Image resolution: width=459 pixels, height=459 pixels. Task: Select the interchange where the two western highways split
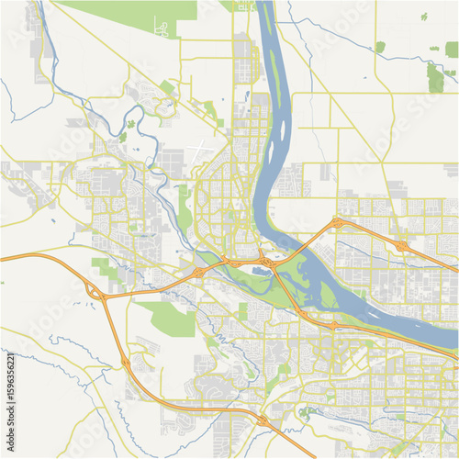(95, 291)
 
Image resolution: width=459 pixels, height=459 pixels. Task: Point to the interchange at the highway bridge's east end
(339, 222)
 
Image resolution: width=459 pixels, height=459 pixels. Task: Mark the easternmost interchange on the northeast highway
(401, 245)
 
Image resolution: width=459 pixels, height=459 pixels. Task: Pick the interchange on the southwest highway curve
(126, 364)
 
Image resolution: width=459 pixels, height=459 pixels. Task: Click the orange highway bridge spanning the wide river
(303, 241)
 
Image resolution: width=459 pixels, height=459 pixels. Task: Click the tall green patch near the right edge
(434, 78)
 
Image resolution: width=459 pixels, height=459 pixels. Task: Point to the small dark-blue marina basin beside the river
(263, 272)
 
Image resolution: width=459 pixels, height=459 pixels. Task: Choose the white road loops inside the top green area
(162, 28)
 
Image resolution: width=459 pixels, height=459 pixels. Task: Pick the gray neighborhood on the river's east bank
(292, 179)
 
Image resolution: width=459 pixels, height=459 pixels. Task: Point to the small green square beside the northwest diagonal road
(166, 87)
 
